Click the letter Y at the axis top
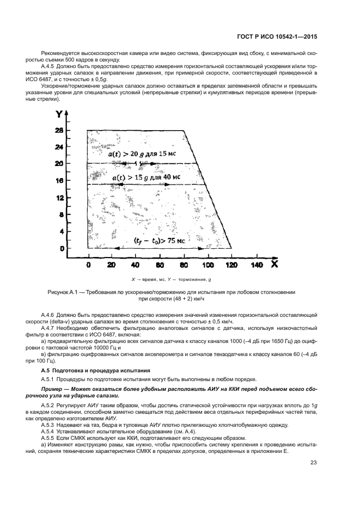click(x=58, y=115)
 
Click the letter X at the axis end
click(x=275, y=263)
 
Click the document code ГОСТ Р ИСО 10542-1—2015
click(x=278, y=38)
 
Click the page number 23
click(x=314, y=463)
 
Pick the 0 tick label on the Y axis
click(x=62, y=248)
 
